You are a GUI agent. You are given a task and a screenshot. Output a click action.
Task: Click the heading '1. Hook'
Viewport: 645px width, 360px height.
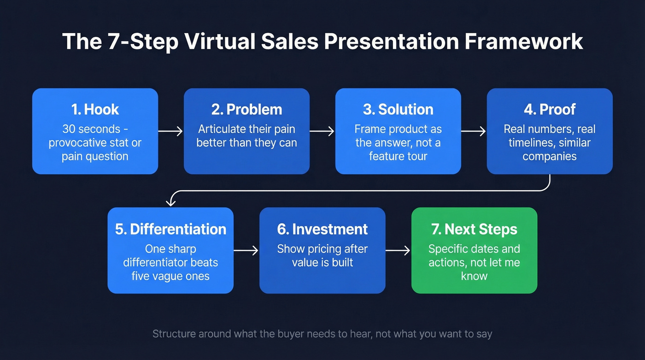[x=95, y=109]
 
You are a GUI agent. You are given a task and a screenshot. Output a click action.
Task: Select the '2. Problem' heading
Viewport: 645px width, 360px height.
[x=246, y=109]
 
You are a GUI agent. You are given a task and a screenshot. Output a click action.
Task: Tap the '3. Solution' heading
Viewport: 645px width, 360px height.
[x=398, y=109]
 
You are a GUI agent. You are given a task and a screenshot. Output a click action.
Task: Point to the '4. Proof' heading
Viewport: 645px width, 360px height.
[x=550, y=109]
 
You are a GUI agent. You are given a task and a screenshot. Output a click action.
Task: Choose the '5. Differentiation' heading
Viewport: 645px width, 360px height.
[x=170, y=229]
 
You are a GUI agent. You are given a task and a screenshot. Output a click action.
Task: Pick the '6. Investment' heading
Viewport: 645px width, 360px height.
[x=322, y=229]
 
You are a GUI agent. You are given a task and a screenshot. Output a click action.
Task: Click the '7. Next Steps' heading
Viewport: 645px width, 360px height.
[x=474, y=229]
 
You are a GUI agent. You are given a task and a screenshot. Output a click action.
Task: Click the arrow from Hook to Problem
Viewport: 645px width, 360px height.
[x=171, y=131]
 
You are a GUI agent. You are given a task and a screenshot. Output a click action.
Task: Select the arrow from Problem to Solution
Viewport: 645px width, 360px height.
[x=322, y=131]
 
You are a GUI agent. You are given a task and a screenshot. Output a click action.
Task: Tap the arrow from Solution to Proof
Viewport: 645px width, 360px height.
[x=474, y=131]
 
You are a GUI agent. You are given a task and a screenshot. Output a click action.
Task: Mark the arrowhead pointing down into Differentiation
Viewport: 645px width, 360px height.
[x=171, y=202]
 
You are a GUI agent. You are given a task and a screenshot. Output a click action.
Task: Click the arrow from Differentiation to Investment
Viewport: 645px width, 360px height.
[x=246, y=251]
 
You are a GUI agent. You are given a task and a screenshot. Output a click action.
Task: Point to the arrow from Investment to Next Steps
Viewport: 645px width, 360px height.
[x=398, y=251]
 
